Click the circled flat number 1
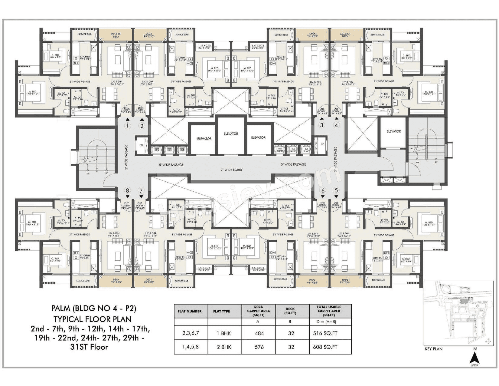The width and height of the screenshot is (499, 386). tap(128, 126)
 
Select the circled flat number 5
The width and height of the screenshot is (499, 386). tap(336, 190)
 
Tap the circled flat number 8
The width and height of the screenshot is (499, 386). tap(128, 190)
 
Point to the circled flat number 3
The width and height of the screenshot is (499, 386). tap(322, 125)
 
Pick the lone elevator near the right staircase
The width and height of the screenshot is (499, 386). tap(393, 131)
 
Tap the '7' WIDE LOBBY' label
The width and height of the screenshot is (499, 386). tap(232, 170)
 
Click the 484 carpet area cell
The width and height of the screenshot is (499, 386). tap(259, 333)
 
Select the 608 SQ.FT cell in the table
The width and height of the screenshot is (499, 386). tap(325, 347)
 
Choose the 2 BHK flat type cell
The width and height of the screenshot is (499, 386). tap(224, 347)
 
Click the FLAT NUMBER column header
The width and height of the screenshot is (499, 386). tap(190, 311)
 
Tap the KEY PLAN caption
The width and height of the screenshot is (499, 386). tap(433, 349)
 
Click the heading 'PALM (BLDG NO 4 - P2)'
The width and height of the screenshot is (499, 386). tap(94, 308)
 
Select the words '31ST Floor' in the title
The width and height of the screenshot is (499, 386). tap(89, 347)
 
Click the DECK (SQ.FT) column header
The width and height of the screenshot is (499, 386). tap(291, 311)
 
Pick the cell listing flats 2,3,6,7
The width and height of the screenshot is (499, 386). tap(191, 333)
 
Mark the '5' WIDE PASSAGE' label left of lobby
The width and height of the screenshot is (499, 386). tap(171, 165)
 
